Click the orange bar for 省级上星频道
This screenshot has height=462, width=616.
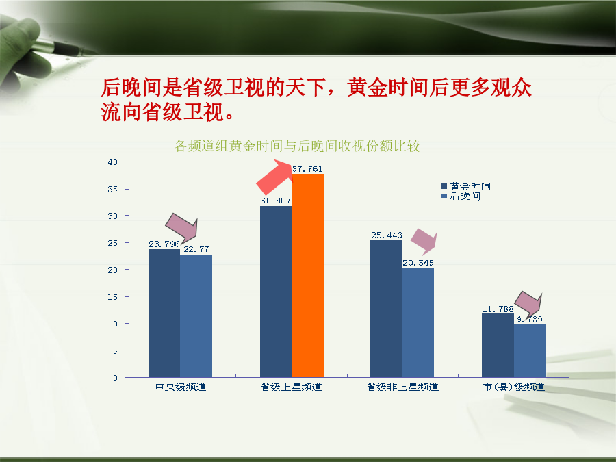pyautogui.click(x=307, y=275)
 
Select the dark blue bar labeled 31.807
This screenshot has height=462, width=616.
pyautogui.click(x=276, y=292)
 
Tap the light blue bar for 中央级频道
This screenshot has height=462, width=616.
pyautogui.click(x=196, y=316)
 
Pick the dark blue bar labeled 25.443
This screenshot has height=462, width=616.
pyautogui.click(x=386, y=309)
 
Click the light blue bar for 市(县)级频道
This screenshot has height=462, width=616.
pyautogui.click(x=530, y=351)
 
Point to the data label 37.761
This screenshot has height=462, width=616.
pyautogui.click(x=307, y=169)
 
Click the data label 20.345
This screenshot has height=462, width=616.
pyautogui.click(x=418, y=262)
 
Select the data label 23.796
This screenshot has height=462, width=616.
pyautogui.click(x=164, y=244)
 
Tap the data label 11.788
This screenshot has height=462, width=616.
pyautogui.click(x=498, y=309)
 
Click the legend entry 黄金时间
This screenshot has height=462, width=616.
pyautogui.click(x=466, y=186)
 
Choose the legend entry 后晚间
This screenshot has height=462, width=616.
pyautogui.click(x=461, y=196)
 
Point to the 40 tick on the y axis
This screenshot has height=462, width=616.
pyautogui.click(x=112, y=162)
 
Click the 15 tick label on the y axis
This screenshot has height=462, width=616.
pyautogui.click(x=112, y=297)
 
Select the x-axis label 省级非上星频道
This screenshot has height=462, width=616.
pyautogui.click(x=402, y=387)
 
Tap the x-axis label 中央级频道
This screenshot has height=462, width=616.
pyautogui.click(x=181, y=387)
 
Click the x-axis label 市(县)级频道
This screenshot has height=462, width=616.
pyautogui.click(x=513, y=387)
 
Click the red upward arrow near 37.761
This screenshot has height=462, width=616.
pyautogui.click(x=275, y=177)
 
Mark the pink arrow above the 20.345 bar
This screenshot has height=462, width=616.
pyautogui.click(x=424, y=241)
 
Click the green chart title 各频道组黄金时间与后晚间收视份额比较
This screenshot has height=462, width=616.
pyautogui.click(x=297, y=146)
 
